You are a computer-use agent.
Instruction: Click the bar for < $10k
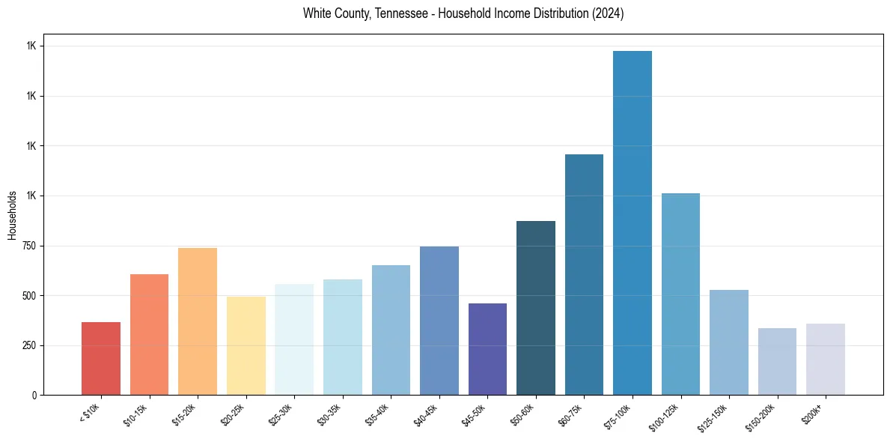(x=101, y=358)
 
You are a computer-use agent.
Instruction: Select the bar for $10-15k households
(x=149, y=334)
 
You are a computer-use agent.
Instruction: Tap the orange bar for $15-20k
(x=198, y=321)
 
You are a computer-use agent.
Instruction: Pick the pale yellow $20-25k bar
(x=246, y=345)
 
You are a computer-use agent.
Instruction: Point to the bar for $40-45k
(x=439, y=321)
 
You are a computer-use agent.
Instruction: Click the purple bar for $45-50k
(x=487, y=349)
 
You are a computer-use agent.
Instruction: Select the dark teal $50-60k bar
(x=536, y=308)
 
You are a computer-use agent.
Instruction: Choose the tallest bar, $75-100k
(x=633, y=222)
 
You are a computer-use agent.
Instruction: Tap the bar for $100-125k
(x=680, y=294)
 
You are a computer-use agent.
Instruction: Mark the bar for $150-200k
(x=777, y=361)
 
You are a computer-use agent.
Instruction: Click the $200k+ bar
(x=826, y=359)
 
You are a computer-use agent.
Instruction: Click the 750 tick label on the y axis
(x=28, y=246)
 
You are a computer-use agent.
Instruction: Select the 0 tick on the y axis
(x=34, y=395)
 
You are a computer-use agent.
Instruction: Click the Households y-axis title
(x=12, y=215)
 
